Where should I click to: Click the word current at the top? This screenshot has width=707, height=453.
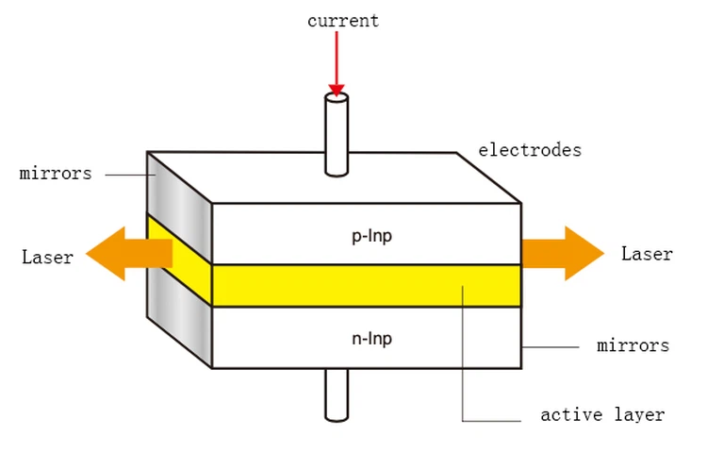[x=343, y=21]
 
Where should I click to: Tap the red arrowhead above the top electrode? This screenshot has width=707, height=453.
[x=337, y=89]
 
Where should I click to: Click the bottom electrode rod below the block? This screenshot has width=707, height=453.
[x=337, y=394]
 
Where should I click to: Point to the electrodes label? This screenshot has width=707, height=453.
[x=530, y=150]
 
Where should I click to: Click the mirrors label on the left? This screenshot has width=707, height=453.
[x=56, y=174]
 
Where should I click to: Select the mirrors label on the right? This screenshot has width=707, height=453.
[x=633, y=345]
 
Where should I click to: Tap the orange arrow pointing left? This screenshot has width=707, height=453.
[x=123, y=253]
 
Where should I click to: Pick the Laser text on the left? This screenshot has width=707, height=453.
[x=47, y=257]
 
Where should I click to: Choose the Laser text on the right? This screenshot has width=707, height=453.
[x=647, y=254]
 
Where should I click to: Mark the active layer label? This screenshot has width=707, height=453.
[x=602, y=414]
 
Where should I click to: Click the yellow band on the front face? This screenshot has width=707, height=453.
[x=311, y=286]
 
